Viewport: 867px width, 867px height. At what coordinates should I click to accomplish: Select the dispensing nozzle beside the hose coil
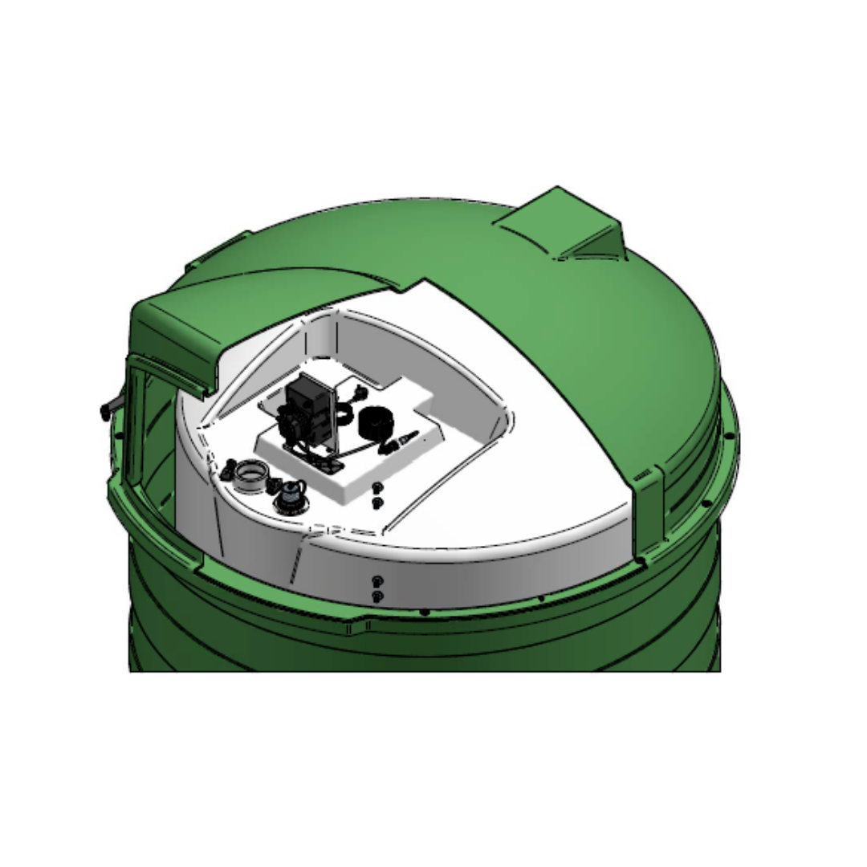[x=405, y=439]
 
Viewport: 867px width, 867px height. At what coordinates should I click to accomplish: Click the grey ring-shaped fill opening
[x=254, y=475]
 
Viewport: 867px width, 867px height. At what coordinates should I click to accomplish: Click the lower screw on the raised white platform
[x=378, y=502]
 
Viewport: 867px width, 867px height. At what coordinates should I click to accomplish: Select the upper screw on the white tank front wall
[x=378, y=580]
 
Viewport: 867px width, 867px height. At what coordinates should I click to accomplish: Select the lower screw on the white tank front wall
[x=378, y=595]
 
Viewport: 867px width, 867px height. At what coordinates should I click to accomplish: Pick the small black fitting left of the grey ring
[x=230, y=468]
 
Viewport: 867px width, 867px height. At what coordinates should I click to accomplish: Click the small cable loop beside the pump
[x=344, y=414]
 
